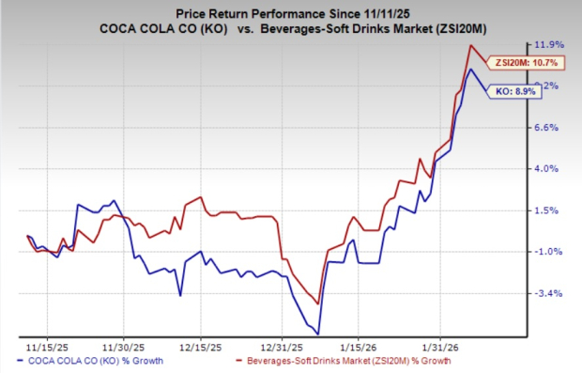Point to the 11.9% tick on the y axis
click(x=547, y=44)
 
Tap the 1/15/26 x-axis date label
click(x=360, y=344)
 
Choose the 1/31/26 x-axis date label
click(x=440, y=344)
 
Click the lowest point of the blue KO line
click(x=318, y=334)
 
